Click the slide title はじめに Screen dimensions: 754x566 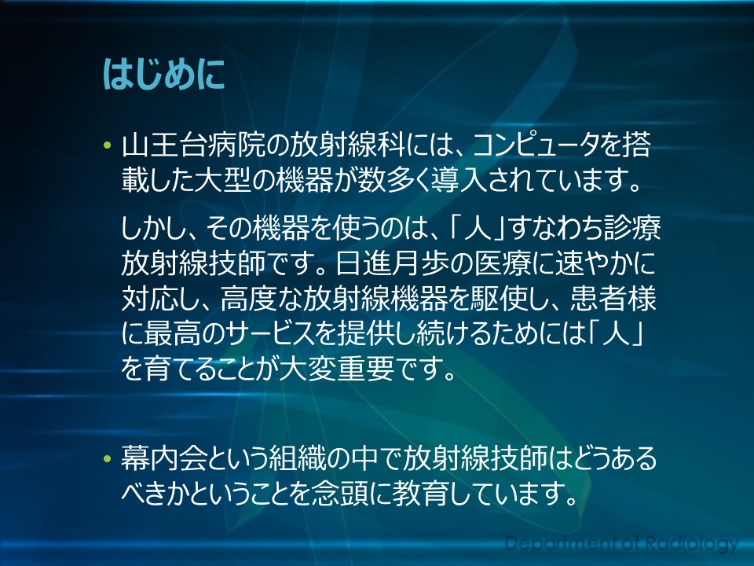pos(163,75)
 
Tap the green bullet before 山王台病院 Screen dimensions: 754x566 pos(107,145)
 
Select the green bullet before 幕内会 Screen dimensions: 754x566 pos(107,458)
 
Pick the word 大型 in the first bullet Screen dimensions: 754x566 pos(222,181)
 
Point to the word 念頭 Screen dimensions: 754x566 pos(339,494)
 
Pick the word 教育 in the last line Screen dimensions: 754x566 pos(421,494)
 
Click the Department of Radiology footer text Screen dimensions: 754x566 pos(621,543)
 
